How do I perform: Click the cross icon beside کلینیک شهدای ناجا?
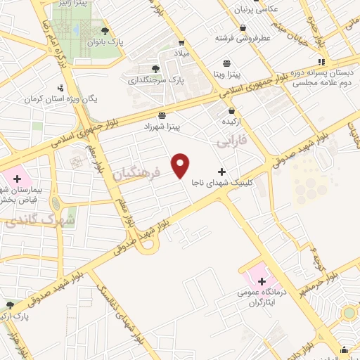[x=222, y=171]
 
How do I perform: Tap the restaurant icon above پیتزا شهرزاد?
[x=162, y=115]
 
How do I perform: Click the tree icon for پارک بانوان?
[x=105, y=30]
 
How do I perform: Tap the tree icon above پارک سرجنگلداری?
[x=155, y=68]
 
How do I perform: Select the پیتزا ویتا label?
[x=227, y=74]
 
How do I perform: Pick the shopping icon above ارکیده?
[x=231, y=110]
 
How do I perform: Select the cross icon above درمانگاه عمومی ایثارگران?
[x=262, y=282]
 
